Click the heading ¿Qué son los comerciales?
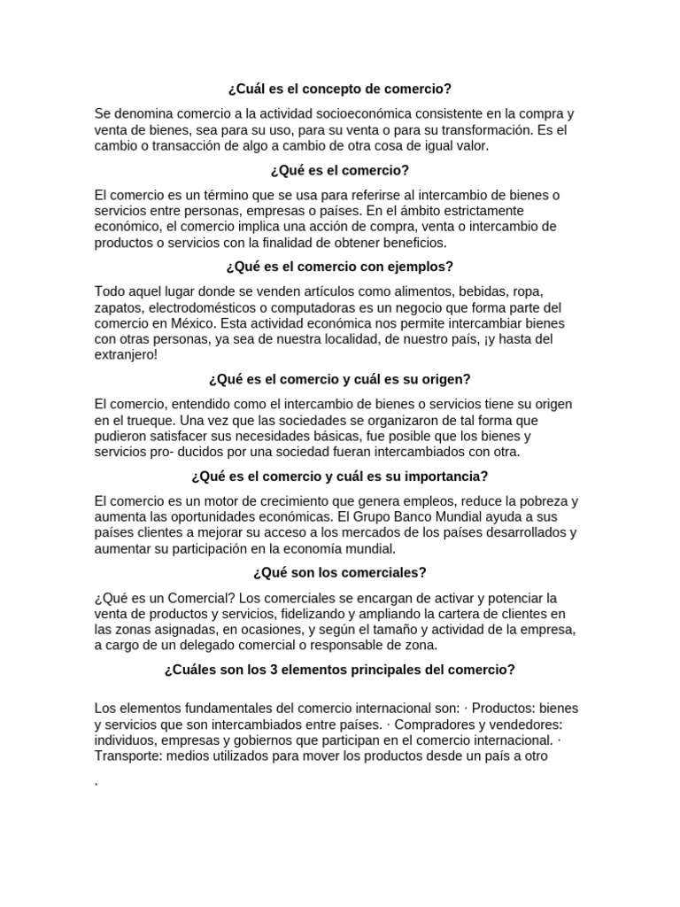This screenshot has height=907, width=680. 339,572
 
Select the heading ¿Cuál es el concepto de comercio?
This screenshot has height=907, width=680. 339,89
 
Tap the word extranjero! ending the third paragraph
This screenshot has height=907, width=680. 126,354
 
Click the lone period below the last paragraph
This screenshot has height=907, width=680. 96,783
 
